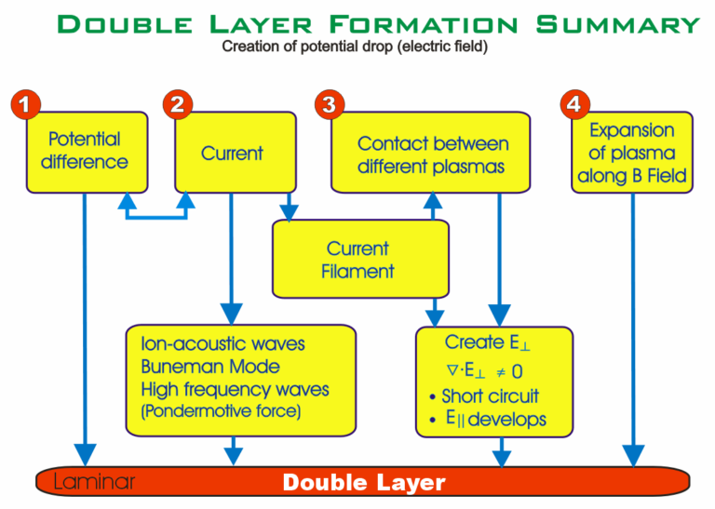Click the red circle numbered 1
25,104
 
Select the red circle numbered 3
327,104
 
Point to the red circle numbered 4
574,104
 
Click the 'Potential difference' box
85,151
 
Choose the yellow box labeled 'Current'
232,153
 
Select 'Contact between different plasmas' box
433,154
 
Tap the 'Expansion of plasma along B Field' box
632,153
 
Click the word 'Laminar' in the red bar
94,482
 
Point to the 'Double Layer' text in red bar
364,482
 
